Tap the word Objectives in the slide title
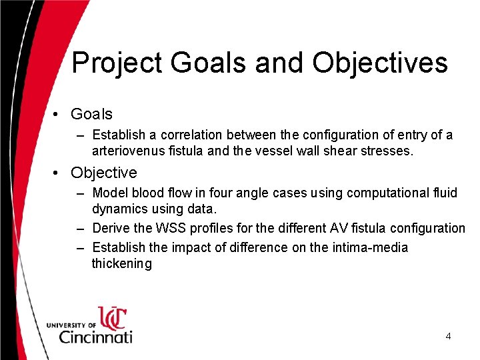click(379, 63)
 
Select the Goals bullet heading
click(91, 114)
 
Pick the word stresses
click(387, 151)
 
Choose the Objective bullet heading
click(103, 173)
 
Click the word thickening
click(122, 264)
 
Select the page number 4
click(448, 337)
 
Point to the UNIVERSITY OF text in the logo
click(71, 325)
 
